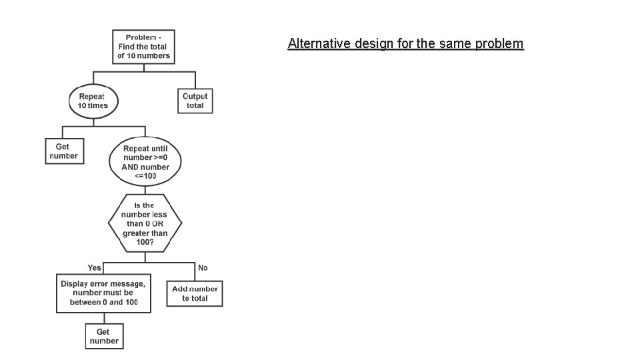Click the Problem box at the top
click(x=143, y=47)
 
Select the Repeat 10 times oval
click(x=93, y=101)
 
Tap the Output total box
click(x=195, y=101)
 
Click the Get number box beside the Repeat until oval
click(x=64, y=151)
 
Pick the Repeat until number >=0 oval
click(x=145, y=161)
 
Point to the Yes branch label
click(x=94, y=268)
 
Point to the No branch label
click(x=203, y=268)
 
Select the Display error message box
click(x=103, y=293)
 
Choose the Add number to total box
click(x=195, y=293)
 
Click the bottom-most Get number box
click(x=103, y=336)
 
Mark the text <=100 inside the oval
click(x=145, y=175)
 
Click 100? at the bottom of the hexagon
click(x=144, y=243)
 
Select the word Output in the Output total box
click(x=195, y=96)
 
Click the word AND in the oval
click(x=130, y=167)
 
